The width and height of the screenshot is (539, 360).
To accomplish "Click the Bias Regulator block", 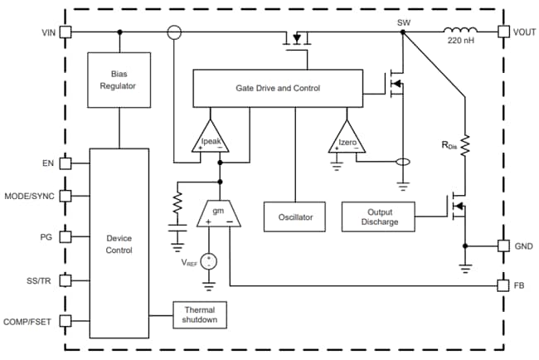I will click(119, 79).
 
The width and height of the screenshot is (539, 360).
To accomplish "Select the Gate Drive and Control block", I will click(278, 88).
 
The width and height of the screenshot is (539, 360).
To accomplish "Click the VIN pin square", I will click(65, 32).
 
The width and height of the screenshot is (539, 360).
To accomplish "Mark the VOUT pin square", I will click(503, 32).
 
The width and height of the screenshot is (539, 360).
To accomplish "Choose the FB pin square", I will click(503, 285).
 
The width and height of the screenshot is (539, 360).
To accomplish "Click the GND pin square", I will click(503, 246).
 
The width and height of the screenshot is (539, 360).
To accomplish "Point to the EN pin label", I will click(49, 163).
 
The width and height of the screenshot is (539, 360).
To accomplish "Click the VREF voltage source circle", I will click(209, 261).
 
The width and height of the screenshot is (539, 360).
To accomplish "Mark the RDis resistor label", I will click(449, 146).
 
